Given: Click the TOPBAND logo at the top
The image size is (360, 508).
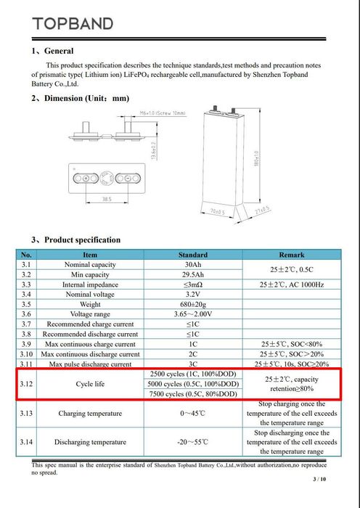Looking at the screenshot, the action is (73, 23).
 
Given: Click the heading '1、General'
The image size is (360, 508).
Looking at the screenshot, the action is (52, 51).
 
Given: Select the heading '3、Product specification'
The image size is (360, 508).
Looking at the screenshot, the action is (75, 239).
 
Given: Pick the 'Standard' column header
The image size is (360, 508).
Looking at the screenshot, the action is (193, 255).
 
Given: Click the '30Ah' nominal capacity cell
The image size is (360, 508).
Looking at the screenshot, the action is (193, 266).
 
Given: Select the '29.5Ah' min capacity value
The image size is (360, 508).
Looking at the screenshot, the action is (193, 275).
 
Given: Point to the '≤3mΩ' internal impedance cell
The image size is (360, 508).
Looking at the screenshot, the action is (193, 285).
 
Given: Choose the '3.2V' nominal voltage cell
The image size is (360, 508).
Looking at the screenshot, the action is (193, 295).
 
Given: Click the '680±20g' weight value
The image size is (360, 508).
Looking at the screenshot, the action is (193, 305).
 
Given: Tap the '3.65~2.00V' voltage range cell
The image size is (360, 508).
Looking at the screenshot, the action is (193, 314).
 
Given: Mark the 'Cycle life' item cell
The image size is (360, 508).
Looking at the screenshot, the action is (90, 383).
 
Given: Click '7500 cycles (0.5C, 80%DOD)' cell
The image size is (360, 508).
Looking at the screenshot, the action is (193, 393).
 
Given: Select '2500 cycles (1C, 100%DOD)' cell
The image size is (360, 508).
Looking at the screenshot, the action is (193, 373).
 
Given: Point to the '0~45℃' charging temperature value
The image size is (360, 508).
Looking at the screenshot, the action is (193, 413).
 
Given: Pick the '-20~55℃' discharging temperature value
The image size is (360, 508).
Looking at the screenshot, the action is (193, 441).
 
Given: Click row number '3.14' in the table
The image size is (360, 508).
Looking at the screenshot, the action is (26, 441).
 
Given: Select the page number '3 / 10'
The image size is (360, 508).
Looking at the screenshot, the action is (319, 480).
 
